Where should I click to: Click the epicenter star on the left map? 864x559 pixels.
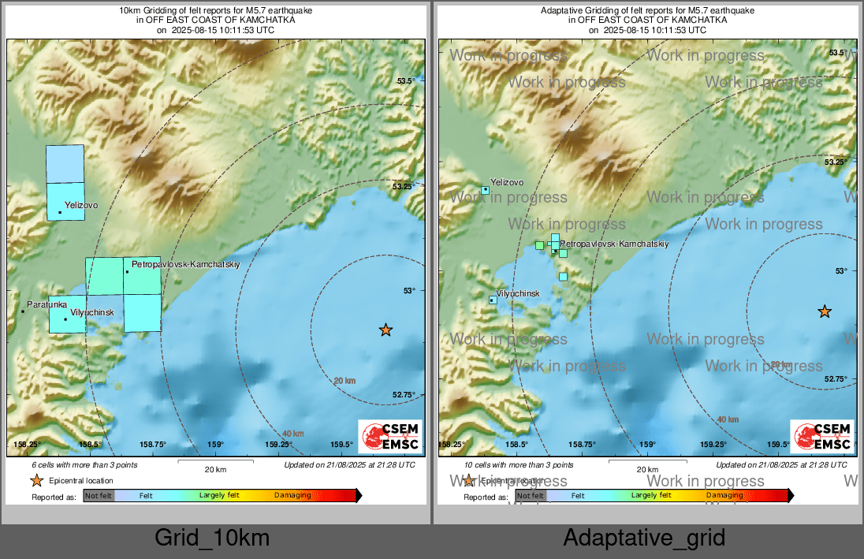[385, 330]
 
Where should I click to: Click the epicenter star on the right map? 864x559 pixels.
[825, 311]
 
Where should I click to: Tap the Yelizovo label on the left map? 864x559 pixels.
[81, 205]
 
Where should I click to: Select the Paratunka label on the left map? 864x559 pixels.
[47, 304]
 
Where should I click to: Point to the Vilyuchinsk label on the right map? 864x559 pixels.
[518, 293]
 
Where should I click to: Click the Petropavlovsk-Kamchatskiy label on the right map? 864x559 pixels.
[614, 244]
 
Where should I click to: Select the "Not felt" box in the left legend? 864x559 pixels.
[99, 495]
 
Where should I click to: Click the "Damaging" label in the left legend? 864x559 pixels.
[292, 495]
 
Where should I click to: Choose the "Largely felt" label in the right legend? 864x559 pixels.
[650, 495]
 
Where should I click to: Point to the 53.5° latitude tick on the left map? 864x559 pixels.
[405, 81]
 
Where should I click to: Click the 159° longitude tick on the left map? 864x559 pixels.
[216, 445]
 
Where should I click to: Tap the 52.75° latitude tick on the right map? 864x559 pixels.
[836, 378]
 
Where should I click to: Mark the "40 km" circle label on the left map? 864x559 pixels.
[292, 434]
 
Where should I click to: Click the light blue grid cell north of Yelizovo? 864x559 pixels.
[65, 164]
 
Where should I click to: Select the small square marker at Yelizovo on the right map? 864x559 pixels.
[486, 190]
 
